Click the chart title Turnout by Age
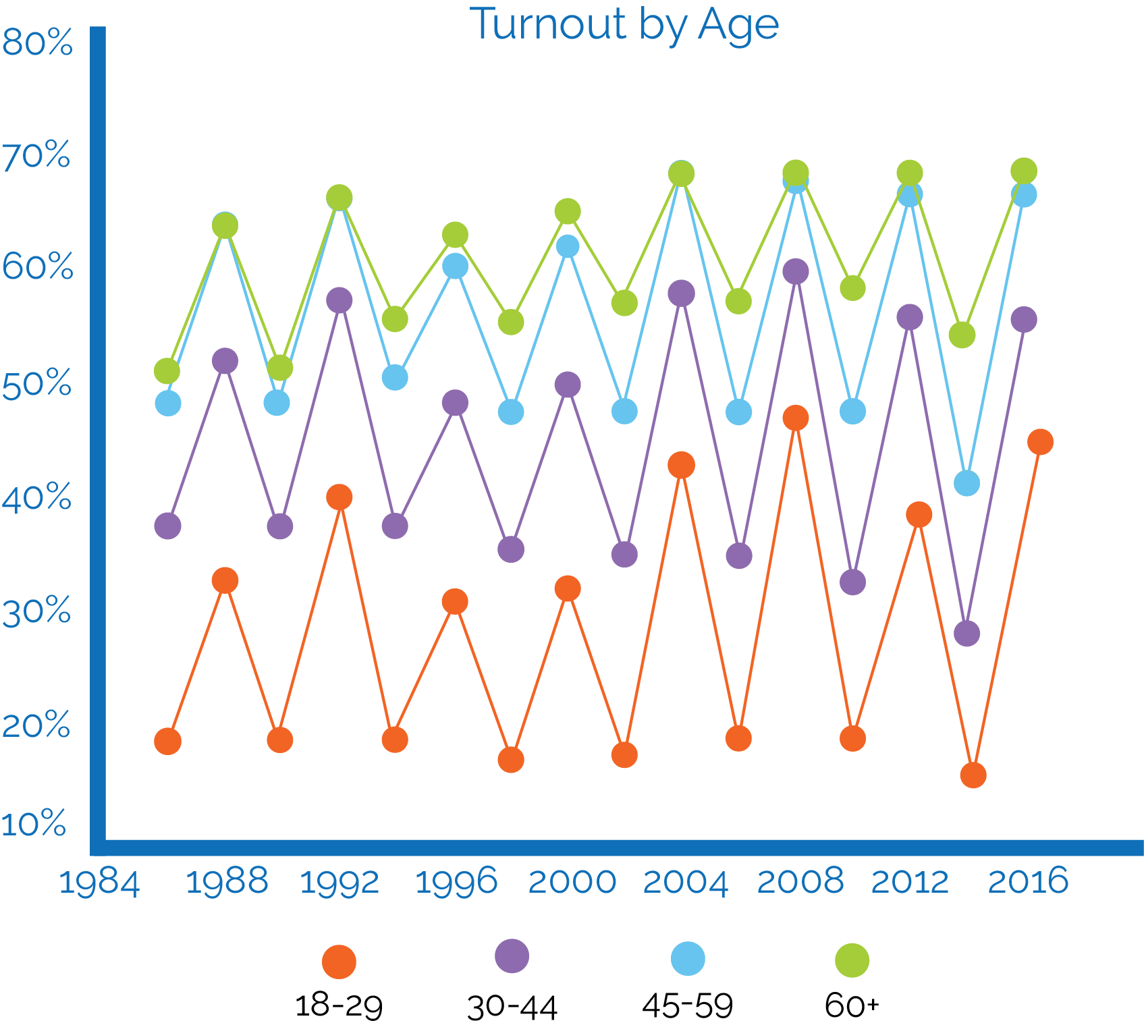[624, 26]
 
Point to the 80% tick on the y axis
[37, 44]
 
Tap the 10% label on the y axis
[34, 824]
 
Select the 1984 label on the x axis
[99, 883]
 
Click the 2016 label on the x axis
[1028, 881]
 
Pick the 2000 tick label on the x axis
[572, 881]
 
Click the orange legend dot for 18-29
[339, 962]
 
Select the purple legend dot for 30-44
[512, 955]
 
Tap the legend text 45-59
[687, 1005]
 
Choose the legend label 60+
[852, 1005]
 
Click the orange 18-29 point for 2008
[796, 418]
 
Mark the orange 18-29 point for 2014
[973, 775]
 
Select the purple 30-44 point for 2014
[967, 633]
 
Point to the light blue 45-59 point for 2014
[967, 482]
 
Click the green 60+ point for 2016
[1024, 171]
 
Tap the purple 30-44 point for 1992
[339, 300]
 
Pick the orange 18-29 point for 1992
[339, 497]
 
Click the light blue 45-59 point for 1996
[456, 266]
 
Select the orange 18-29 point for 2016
[1040, 442]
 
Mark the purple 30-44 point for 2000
[568, 385]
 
